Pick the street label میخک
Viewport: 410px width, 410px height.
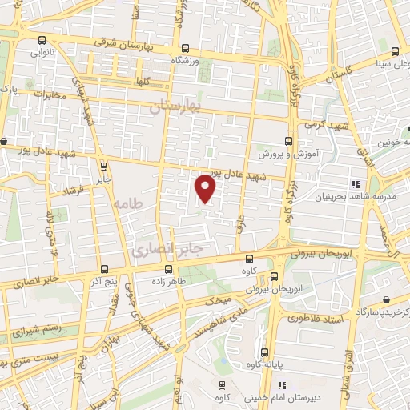(x=218, y=301)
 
